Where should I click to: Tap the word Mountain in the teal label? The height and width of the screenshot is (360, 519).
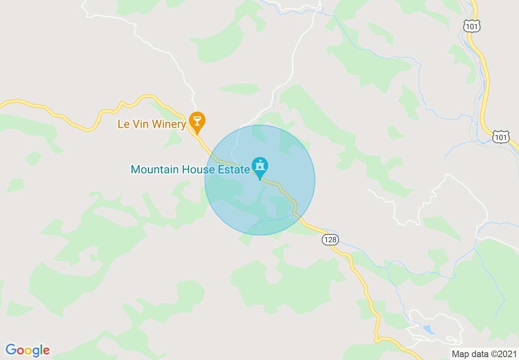[x=152, y=169]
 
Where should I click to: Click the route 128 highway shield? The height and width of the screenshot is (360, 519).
[x=330, y=240]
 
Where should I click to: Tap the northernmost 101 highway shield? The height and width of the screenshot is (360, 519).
[x=472, y=27]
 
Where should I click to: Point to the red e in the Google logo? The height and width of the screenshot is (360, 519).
[x=46, y=351]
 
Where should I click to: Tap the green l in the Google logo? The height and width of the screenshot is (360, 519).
[x=41, y=350]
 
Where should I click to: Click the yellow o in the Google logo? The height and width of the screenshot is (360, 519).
[x=27, y=351]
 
